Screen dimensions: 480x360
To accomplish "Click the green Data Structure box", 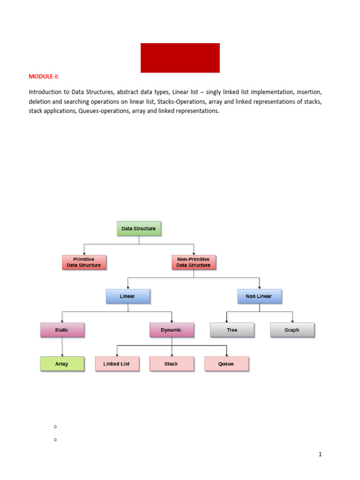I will [138, 229].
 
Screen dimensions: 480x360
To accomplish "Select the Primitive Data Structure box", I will [84, 262].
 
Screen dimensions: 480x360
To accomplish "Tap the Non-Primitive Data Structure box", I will [194, 262].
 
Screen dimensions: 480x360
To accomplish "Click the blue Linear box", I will [127, 296].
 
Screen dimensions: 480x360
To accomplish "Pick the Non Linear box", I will [259, 296].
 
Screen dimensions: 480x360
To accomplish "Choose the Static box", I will [62, 330].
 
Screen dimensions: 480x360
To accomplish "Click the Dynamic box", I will [172, 330].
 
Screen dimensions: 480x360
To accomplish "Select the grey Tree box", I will [232, 330].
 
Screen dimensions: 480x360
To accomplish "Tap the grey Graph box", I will [292, 330].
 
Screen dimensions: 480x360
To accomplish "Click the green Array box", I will [62, 364].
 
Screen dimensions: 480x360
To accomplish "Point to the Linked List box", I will [117, 364].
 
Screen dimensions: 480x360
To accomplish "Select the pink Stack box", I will [172, 364].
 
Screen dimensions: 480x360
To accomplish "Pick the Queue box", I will [226, 364].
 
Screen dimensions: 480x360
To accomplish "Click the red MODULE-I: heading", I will [44, 76].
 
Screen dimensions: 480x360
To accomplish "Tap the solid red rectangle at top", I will [180, 58].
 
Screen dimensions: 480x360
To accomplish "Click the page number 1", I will [320, 454].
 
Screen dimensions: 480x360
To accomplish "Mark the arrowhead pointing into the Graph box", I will [292, 321].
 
